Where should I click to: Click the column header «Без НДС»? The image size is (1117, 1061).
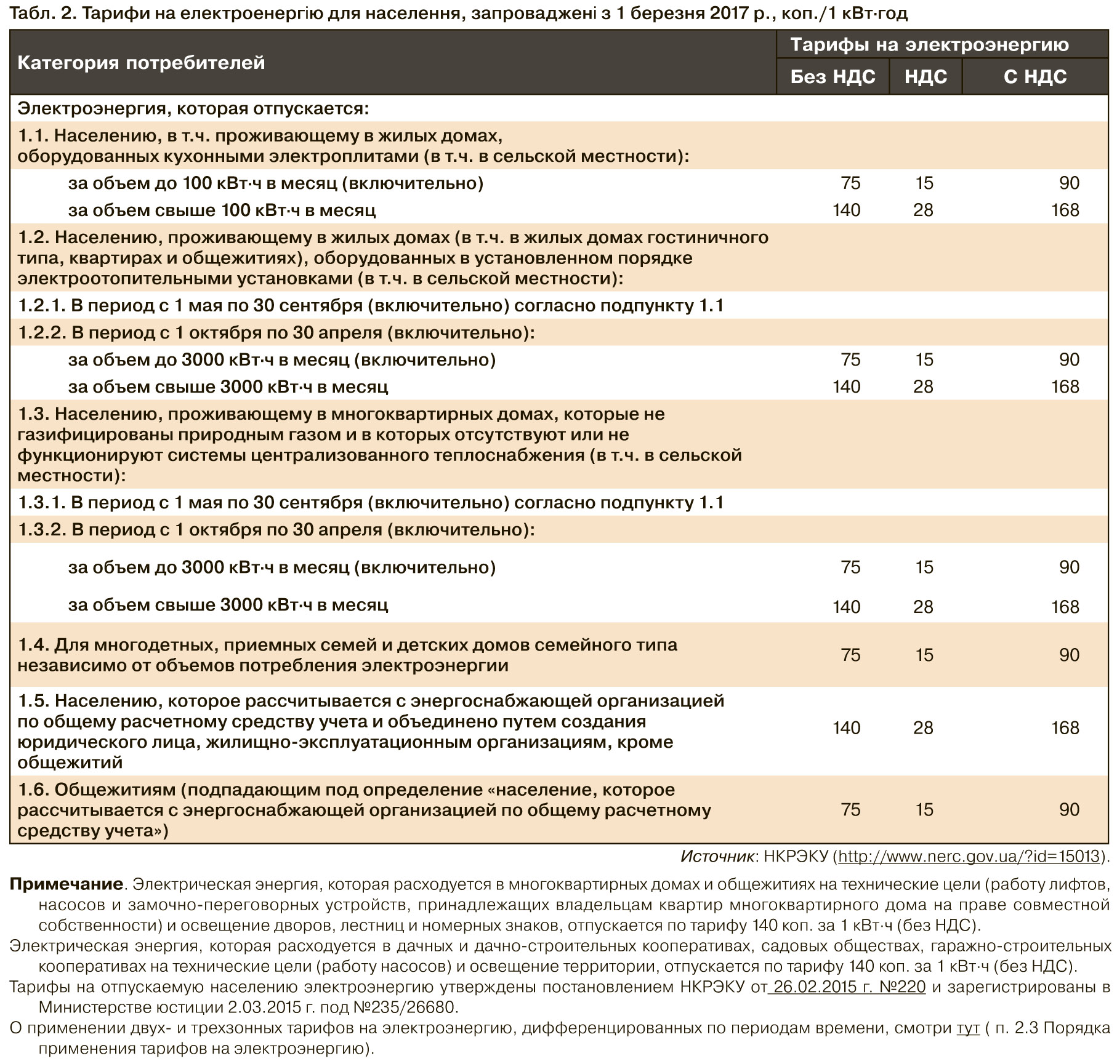click(833, 76)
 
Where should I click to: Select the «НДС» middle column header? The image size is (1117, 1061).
click(925, 76)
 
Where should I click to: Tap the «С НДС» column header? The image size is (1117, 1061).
click(1034, 76)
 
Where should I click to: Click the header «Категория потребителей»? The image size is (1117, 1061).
click(141, 62)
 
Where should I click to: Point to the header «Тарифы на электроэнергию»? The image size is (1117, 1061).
click(929, 44)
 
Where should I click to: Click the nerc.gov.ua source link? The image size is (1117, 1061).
click(969, 856)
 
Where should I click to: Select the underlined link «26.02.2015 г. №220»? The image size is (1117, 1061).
click(849, 987)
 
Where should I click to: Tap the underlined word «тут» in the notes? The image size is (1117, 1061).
click(968, 1028)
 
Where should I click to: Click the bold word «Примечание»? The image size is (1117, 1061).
click(67, 884)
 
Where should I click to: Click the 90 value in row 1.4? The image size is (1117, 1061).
click(1069, 654)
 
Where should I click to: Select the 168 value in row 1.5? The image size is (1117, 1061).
click(1065, 728)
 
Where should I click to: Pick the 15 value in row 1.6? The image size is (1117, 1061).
click(924, 809)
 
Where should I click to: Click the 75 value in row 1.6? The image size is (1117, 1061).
click(850, 809)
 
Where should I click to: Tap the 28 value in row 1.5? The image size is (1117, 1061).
click(923, 728)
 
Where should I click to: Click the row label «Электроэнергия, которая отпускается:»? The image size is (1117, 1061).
click(193, 108)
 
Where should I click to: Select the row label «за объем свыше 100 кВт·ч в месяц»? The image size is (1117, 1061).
click(222, 210)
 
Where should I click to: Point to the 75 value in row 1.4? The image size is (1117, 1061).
click(850, 654)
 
